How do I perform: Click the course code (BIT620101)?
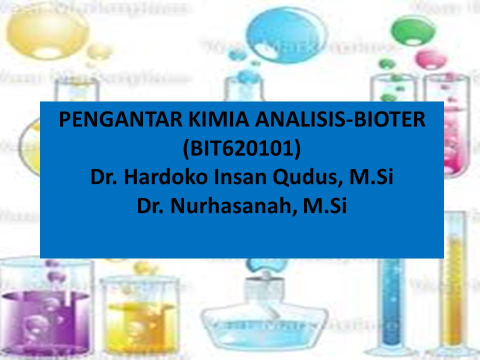coord(241,149)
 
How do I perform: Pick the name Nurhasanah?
coord(230,206)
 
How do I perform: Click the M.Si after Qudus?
coord(371,177)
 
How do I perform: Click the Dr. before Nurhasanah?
coord(151,206)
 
